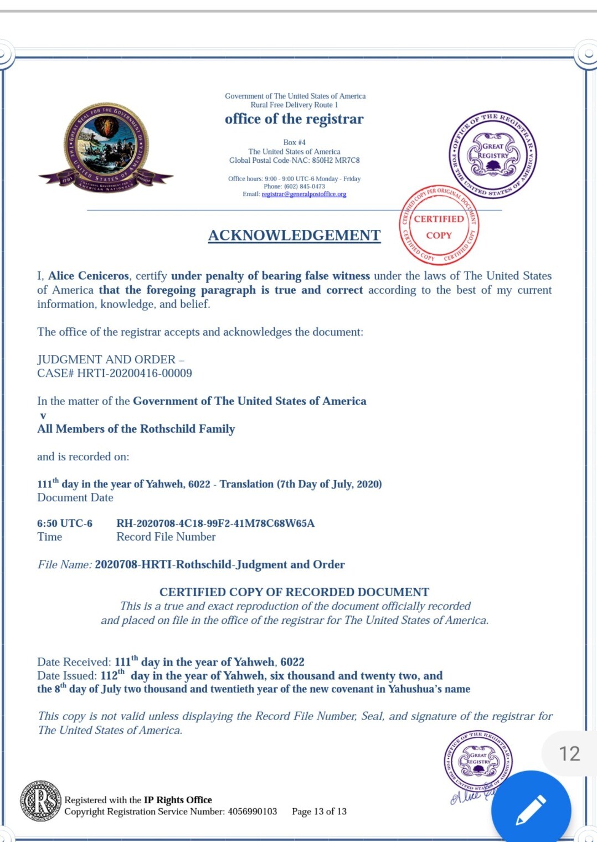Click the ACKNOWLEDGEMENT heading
coord(294,235)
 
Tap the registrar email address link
coord(304,194)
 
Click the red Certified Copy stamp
coord(439,224)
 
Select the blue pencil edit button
coord(531,809)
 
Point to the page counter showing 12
coord(569,753)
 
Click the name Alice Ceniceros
coord(89,276)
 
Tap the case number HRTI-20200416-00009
coord(135,373)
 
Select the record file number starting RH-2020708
coord(215,523)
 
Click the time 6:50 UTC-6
coord(65,523)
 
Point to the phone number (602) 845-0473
coord(304,187)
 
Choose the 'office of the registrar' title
coord(294,119)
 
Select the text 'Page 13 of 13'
coord(319,812)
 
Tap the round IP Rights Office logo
coord(40,800)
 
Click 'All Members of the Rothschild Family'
coord(136,429)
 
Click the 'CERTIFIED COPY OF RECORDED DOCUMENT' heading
coord(294,592)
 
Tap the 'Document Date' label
coord(75,497)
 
